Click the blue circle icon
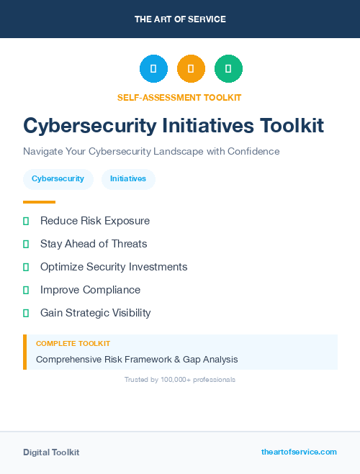[153, 69]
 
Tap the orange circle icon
[191, 69]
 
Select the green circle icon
[228, 69]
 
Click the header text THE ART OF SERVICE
[180, 19]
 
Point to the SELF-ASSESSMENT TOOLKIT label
[179, 97]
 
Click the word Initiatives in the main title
[208, 126]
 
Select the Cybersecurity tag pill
[58, 179]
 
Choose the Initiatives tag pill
[128, 179]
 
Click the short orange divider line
[39, 202]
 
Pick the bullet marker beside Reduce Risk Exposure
[26, 221]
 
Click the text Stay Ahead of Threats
[94, 244]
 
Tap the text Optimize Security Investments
[114, 267]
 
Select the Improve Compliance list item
[90, 290]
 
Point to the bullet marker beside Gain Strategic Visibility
[26, 313]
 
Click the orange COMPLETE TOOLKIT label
[73, 344]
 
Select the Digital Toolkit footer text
[51, 452]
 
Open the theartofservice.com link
[299, 452]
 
